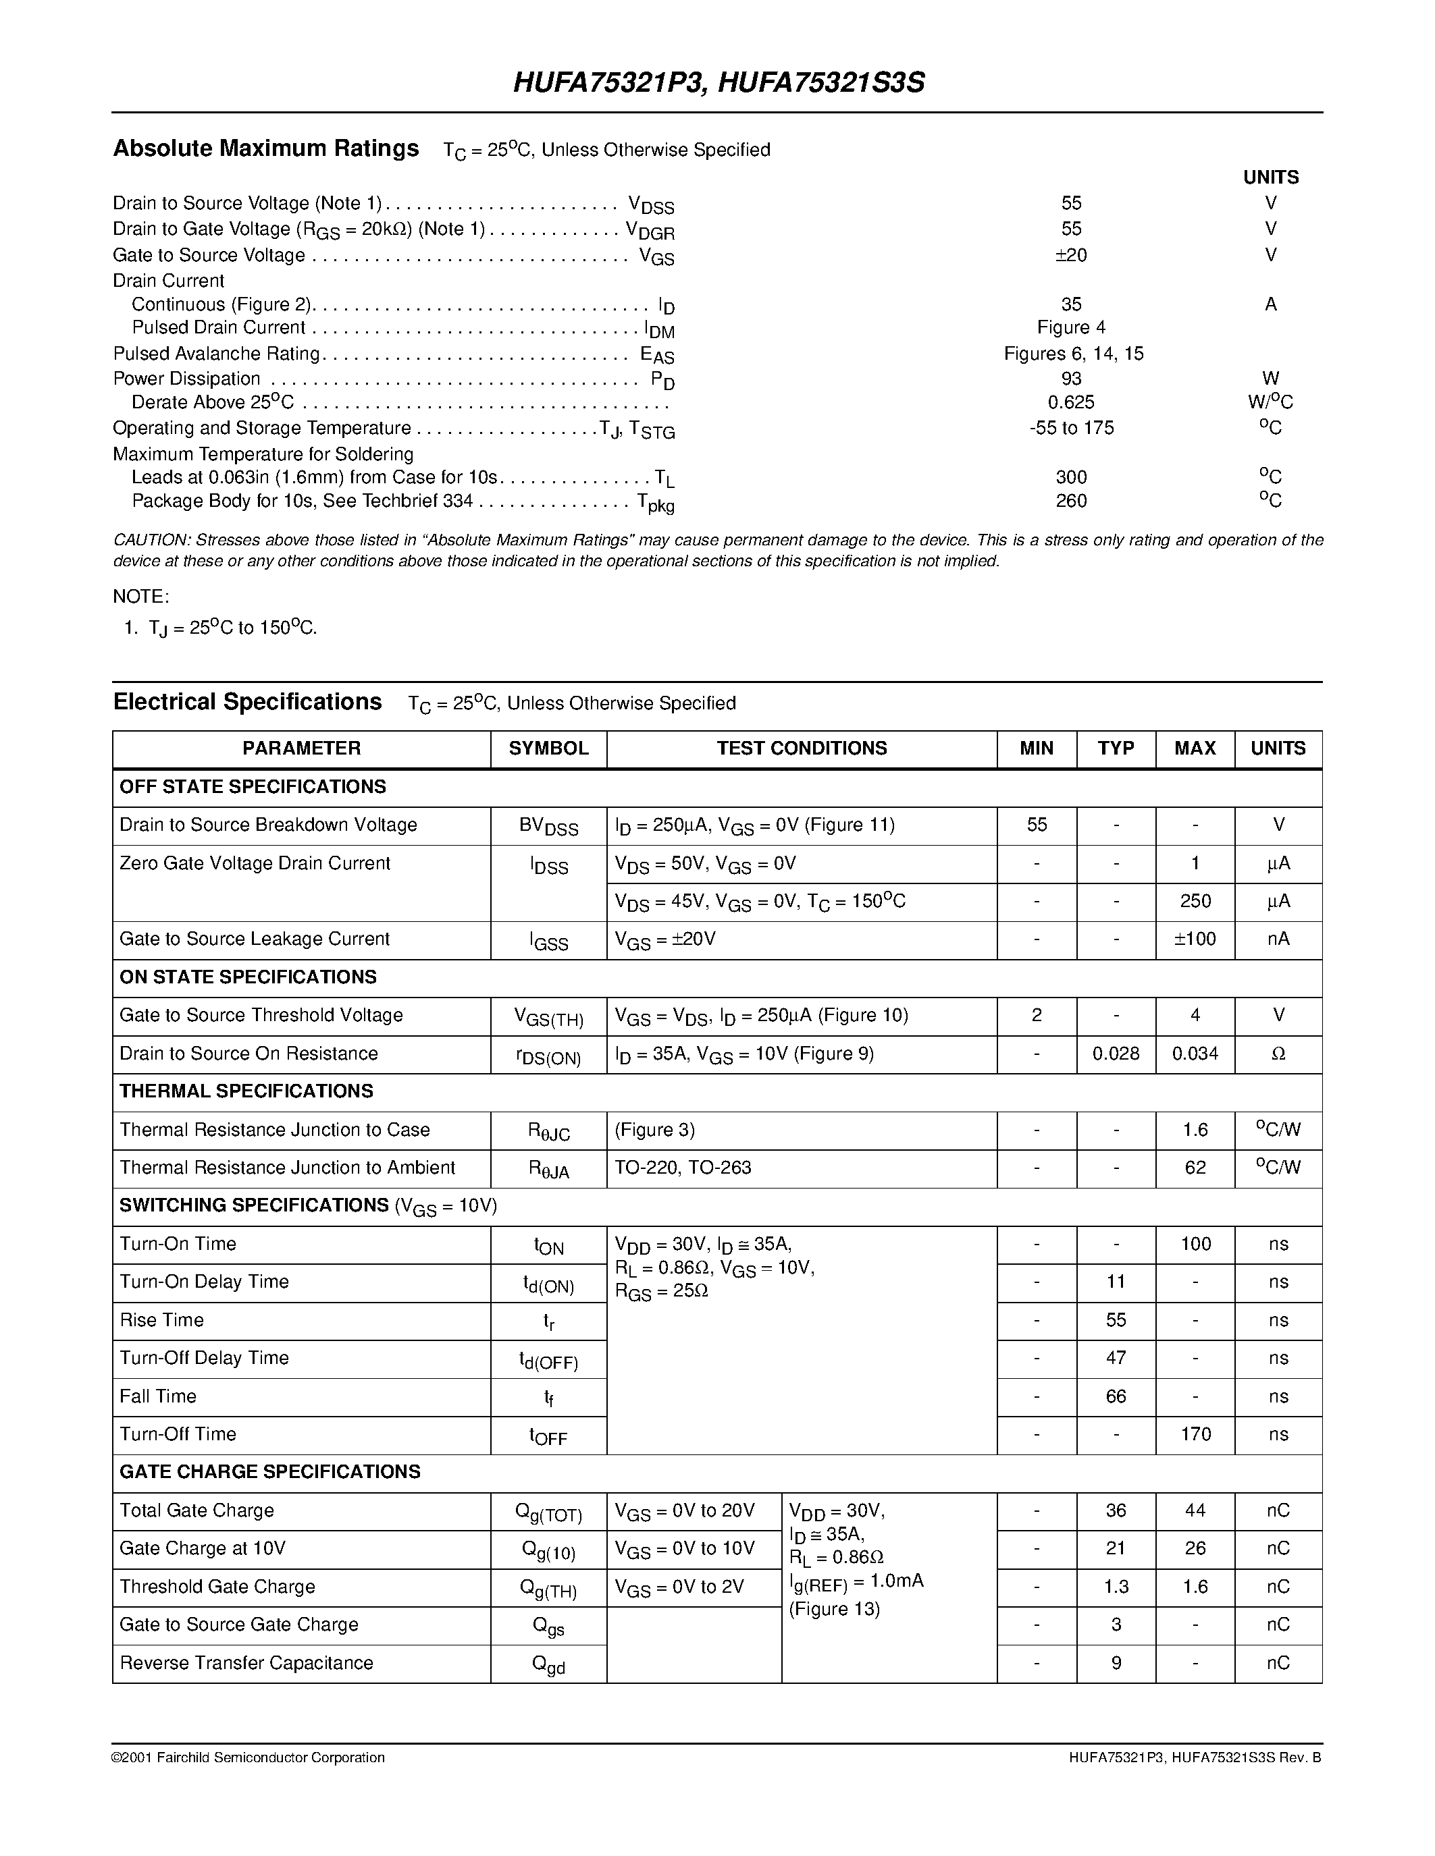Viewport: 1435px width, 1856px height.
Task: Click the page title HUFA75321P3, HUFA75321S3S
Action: (x=719, y=82)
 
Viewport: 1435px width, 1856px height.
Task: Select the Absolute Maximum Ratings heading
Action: (x=266, y=148)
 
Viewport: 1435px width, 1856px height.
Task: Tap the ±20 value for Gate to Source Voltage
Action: (x=1070, y=255)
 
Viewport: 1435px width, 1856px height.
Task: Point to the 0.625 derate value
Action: (x=1071, y=402)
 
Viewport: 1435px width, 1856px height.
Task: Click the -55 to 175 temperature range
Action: (x=1071, y=427)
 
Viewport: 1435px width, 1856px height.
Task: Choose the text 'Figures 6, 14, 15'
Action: (x=1073, y=354)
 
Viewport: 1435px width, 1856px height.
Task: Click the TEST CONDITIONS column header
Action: (x=801, y=748)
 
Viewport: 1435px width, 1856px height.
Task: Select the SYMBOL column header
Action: (x=548, y=748)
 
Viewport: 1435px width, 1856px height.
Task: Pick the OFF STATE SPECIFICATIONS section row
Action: (x=253, y=787)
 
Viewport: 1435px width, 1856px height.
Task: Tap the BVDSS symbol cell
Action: (x=548, y=826)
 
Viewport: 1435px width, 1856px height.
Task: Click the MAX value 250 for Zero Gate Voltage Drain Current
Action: (x=1195, y=901)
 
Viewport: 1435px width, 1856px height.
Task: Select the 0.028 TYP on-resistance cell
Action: (x=1116, y=1054)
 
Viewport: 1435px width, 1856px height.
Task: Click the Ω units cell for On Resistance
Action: (x=1278, y=1054)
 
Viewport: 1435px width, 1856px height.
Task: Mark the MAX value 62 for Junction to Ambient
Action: (x=1195, y=1168)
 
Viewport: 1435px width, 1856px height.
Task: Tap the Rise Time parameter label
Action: (x=161, y=1319)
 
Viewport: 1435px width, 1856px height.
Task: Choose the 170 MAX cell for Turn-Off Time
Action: (x=1195, y=1434)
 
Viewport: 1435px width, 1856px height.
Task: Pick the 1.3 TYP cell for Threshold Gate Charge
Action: (x=1116, y=1587)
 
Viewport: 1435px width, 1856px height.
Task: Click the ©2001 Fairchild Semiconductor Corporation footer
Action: (x=249, y=1757)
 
